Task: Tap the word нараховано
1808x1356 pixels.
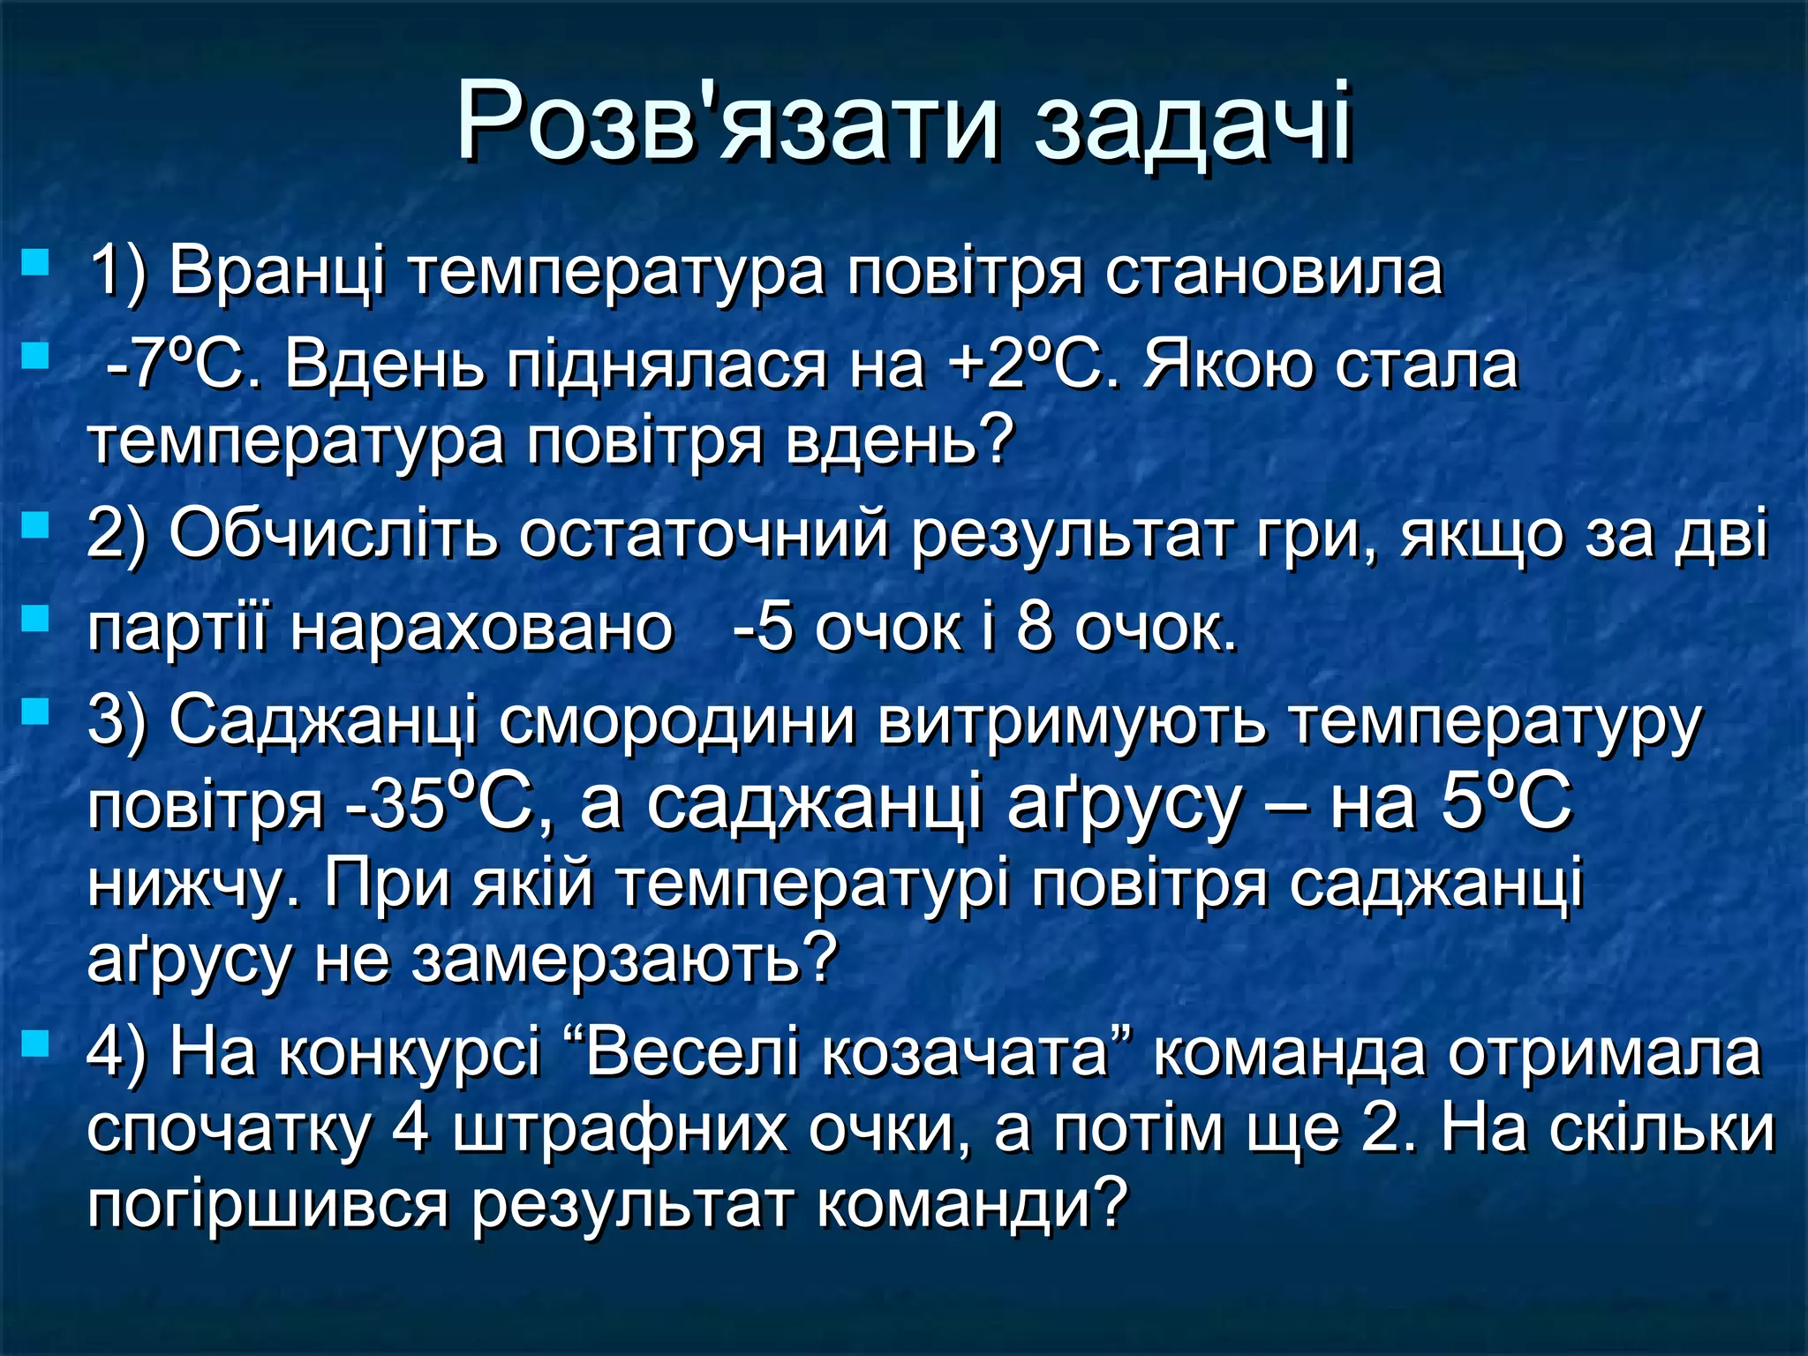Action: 482,629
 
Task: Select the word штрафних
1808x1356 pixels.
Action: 619,1129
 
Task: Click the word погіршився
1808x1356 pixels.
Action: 268,1204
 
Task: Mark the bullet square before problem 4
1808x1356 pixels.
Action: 36,1044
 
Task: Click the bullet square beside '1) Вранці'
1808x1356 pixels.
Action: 36,262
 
